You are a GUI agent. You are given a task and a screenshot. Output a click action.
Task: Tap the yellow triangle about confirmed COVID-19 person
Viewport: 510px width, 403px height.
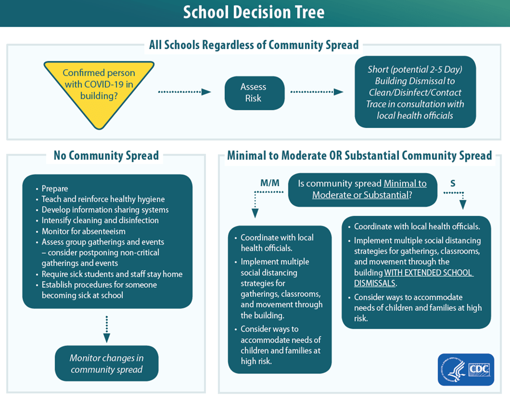coord(99,89)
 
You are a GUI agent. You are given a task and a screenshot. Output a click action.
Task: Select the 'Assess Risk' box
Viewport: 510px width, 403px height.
coord(253,93)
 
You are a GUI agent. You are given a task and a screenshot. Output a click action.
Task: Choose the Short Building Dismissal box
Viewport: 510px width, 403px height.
coord(415,92)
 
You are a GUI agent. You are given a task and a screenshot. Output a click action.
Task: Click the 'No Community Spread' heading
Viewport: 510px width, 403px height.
coord(106,156)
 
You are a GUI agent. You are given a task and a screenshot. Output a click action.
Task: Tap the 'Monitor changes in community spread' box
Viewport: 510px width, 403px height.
coord(107,363)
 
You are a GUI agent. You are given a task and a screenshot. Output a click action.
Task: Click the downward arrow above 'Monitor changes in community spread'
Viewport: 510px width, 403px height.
coord(107,329)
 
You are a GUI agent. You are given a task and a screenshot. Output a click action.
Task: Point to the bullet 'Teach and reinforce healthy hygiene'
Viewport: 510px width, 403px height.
coord(103,199)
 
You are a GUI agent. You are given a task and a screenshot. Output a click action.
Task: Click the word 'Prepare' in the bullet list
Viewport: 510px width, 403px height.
coord(55,189)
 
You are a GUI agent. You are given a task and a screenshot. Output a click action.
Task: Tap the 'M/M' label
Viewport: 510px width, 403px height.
coord(270,183)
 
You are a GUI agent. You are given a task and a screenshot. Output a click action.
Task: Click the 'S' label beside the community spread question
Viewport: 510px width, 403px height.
coord(452,183)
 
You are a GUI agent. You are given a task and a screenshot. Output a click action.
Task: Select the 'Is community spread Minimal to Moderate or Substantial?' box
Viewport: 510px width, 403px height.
coord(362,189)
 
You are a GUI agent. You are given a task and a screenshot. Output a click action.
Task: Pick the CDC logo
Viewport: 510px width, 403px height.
coord(466,370)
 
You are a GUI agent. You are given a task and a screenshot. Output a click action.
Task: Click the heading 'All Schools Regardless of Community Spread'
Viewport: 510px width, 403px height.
coord(254,45)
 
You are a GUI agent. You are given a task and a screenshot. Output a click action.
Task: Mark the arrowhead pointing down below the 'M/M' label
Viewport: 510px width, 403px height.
coord(255,213)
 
